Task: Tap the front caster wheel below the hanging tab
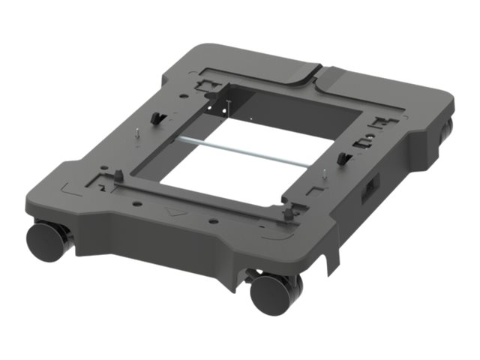tap(271, 293)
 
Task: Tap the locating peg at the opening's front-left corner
tap(118, 176)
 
